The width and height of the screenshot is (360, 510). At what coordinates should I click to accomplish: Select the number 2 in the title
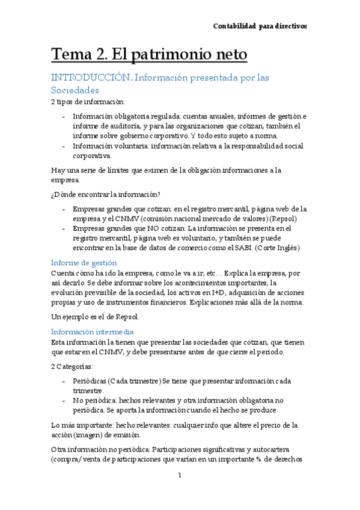pyautogui.click(x=101, y=55)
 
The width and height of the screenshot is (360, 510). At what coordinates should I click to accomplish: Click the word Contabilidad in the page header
pyautogui.click(x=236, y=26)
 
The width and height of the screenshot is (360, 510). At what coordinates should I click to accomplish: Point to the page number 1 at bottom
pyautogui.click(x=180, y=475)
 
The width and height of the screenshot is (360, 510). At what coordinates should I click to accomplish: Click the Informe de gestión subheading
pyautogui.click(x=84, y=263)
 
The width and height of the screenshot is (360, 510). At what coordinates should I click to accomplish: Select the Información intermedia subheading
pyautogui.click(x=92, y=331)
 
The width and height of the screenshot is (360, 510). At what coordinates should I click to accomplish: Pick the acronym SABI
pyautogui.click(x=232, y=247)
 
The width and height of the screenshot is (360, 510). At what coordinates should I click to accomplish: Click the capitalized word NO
pyautogui.click(x=148, y=229)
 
